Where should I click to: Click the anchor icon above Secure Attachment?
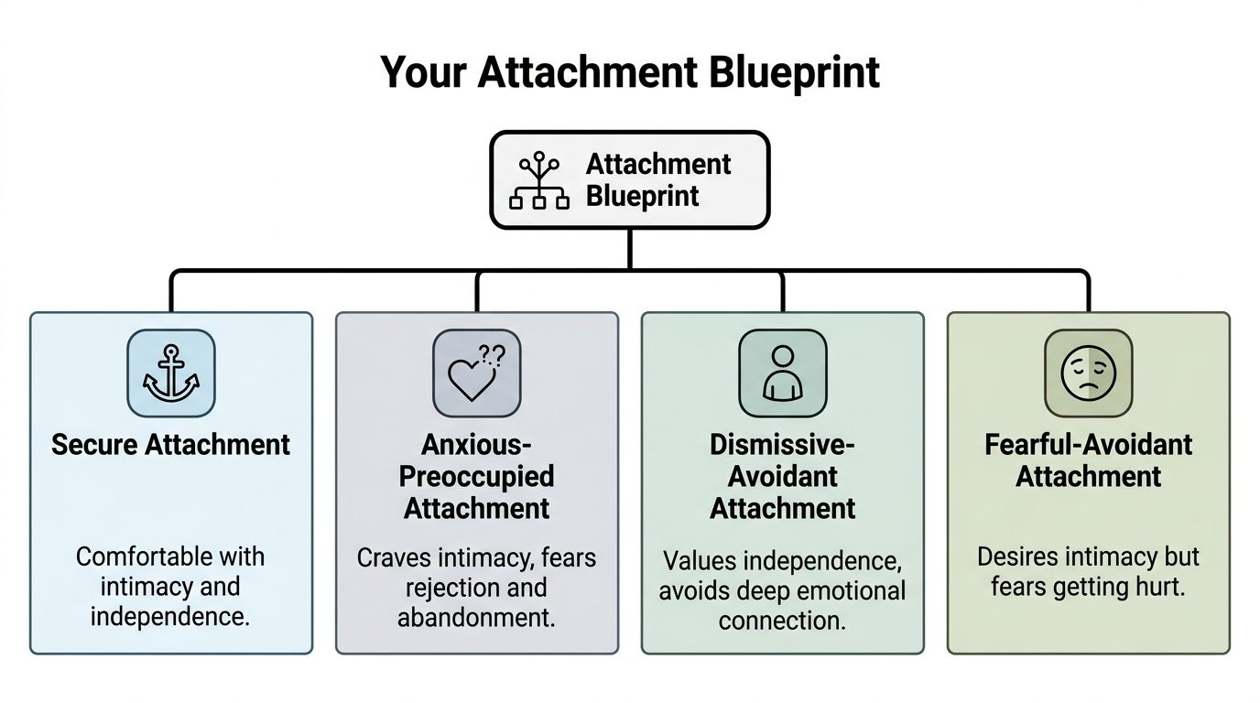(x=170, y=373)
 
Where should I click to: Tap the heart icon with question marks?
(x=476, y=373)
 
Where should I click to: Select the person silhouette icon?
(x=782, y=373)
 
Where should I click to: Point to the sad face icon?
(x=1088, y=373)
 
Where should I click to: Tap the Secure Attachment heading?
(x=170, y=445)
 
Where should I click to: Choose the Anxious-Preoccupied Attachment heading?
(x=476, y=476)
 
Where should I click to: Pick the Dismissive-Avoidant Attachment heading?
(x=782, y=476)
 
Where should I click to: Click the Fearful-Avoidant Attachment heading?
(x=1088, y=460)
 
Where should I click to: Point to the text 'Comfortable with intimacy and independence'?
(x=170, y=586)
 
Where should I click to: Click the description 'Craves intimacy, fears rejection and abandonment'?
(x=476, y=587)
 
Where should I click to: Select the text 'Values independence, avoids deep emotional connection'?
(x=782, y=590)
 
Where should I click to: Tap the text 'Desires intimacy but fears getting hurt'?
(x=1088, y=571)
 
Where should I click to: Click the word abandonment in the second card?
(x=476, y=617)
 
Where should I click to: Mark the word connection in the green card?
(x=782, y=621)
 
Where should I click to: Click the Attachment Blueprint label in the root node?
(x=657, y=180)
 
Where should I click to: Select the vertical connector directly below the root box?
(x=630, y=248)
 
